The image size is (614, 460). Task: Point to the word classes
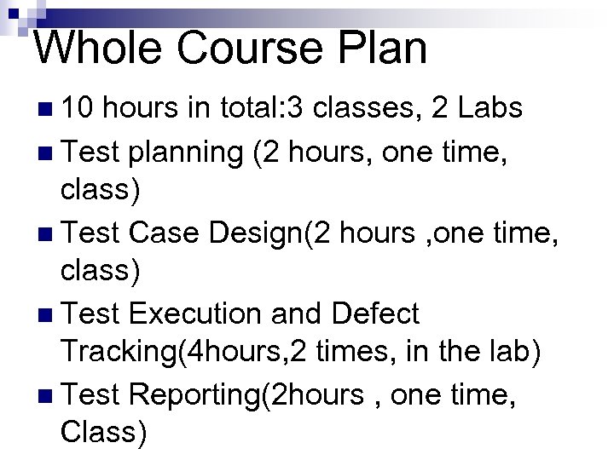[380, 109]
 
